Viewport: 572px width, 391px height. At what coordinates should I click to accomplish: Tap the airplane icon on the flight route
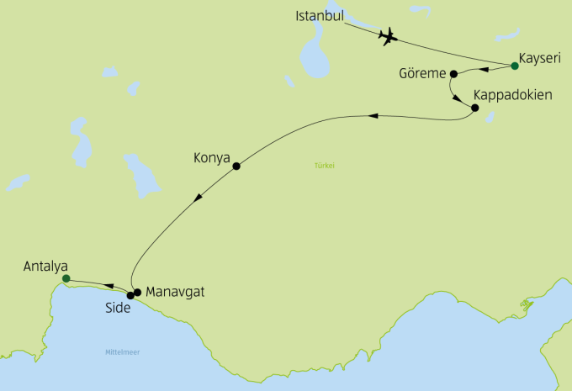(x=388, y=36)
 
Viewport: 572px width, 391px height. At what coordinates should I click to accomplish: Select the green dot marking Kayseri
(x=515, y=66)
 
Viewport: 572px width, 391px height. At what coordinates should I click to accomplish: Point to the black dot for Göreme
(x=453, y=72)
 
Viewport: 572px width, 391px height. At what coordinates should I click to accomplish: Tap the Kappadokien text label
(x=513, y=95)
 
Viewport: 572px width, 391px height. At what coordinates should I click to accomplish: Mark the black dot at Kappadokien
(x=474, y=108)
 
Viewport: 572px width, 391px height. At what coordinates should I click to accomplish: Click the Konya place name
(x=212, y=157)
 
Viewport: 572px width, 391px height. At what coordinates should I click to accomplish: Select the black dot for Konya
(x=236, y=166)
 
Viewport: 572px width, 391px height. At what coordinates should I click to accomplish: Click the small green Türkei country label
(x=325, y=166)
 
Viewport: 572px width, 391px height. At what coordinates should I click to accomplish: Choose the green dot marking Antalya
(x=66, y=278)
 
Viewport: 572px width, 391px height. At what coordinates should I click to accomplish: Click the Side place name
(x=118, y=308)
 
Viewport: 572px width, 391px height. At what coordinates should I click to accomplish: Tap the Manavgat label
(x=175, y=293)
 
